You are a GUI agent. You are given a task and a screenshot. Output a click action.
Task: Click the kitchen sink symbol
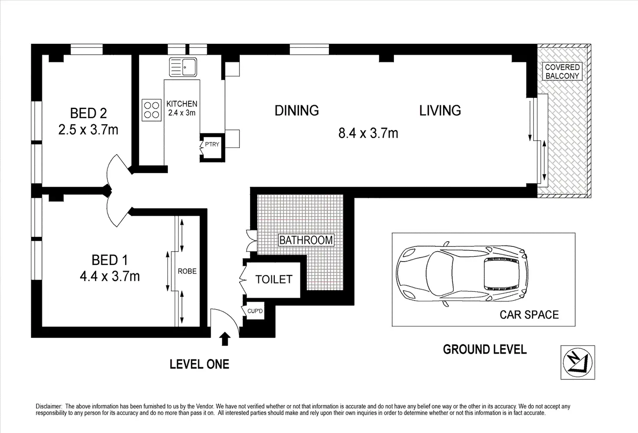point(183,67)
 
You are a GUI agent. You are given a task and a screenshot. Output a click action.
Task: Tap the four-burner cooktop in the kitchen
point(152,110)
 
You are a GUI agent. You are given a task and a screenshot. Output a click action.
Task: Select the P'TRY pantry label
point(212,144)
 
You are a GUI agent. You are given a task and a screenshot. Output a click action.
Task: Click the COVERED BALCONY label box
point(562,71)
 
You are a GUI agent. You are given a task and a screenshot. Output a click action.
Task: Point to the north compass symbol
point(578,362)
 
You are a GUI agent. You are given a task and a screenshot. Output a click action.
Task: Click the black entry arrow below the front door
point(225,339)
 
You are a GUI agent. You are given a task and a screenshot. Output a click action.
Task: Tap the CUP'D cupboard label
point(255,311)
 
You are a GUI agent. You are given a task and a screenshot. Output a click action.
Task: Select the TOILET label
point(274,279)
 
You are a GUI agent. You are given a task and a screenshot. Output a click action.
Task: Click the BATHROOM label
point(306,240)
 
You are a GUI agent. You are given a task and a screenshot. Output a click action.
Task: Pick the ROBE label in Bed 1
point(187,271)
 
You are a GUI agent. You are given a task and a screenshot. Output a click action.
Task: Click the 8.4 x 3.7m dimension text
point(368,133)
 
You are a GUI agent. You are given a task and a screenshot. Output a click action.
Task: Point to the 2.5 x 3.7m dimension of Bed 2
point(88,130)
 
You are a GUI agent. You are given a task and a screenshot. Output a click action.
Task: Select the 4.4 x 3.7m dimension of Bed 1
point(110,276)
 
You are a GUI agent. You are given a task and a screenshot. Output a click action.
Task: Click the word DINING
point(296,110)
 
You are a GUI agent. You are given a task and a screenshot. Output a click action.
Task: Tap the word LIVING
point(440,110)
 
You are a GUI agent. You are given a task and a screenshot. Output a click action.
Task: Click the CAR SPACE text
point(529,315)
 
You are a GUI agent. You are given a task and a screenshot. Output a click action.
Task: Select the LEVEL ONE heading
point(199,364)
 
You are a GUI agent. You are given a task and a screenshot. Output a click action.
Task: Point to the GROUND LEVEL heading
point(485,349)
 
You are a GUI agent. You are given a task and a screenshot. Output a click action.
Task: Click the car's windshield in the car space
point(440,274)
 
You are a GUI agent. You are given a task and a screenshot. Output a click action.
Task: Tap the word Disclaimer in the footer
point(49,407)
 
